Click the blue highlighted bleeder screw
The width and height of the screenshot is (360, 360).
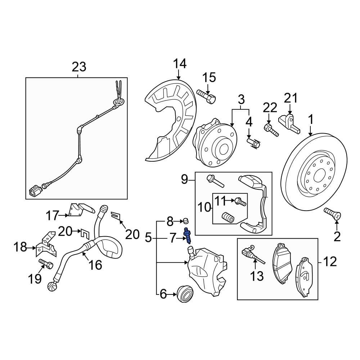click(188, 236)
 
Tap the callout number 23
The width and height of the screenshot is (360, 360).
click(79, 67)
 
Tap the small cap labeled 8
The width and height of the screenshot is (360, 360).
click(186, 220)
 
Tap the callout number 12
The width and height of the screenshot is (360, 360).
click(329, 262)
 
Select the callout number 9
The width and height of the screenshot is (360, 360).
click(184, 179)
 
